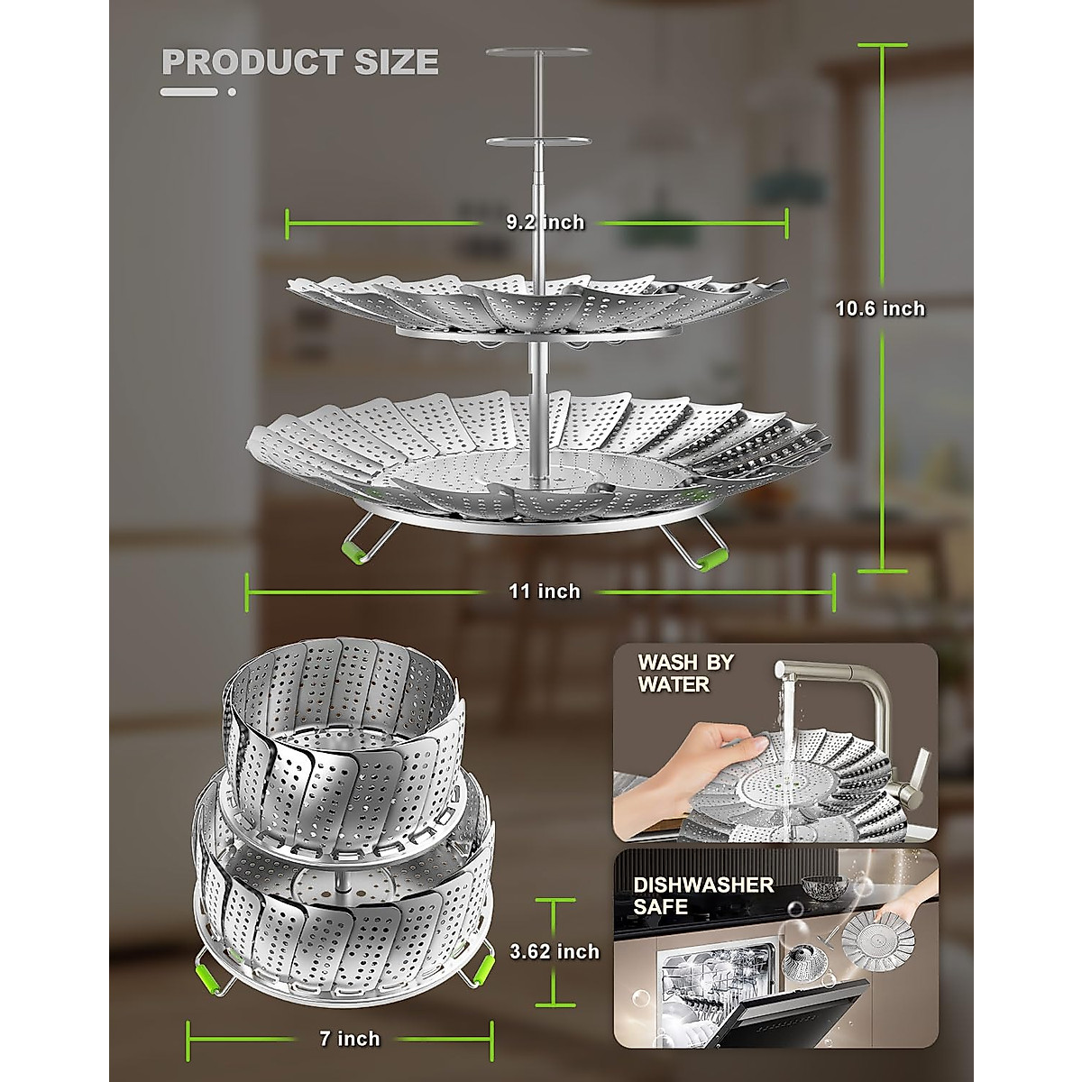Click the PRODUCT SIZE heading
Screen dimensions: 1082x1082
click(x=299, y=62)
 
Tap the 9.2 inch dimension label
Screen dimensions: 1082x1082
click(x=545, y=222)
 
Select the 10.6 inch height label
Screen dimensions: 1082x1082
click(x=880, y=308)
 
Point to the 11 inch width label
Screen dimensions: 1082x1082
click(x=545, y=591)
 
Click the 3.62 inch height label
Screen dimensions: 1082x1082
click(x=555, y=951)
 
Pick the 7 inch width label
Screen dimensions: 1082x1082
click(x=350, y=1039)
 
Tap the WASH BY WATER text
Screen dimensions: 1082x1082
click(x=685, y=673)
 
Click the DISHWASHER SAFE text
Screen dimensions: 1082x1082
click(x=703, y=895)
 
